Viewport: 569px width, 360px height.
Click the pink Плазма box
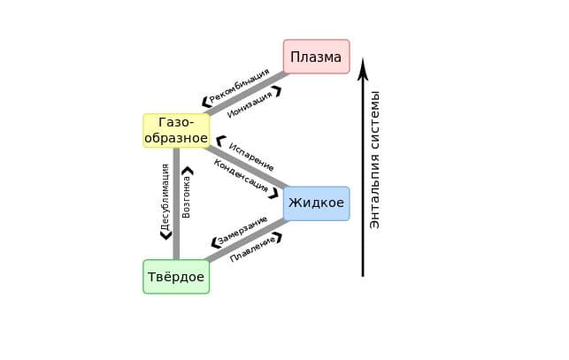(316, 57)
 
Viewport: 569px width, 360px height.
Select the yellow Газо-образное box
(176, 130)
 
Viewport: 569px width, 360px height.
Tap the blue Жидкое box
(316, 203)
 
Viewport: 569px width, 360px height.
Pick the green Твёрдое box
(176, 277)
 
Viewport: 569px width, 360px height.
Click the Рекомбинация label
(239, 86)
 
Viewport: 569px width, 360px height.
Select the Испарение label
(251, 157)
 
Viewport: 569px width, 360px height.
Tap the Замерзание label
(242, 230)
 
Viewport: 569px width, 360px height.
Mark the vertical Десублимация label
(165, 197)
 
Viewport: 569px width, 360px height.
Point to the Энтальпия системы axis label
(375, 159)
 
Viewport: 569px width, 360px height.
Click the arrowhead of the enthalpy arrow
(363, 69)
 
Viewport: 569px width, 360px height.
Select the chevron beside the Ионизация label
(278, 90)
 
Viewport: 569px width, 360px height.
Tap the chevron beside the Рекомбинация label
(206, 102)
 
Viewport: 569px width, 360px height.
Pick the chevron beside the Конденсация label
(273, 193)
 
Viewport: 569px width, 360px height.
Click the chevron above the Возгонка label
(188, 170)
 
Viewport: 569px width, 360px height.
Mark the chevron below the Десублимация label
(165, 235)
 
